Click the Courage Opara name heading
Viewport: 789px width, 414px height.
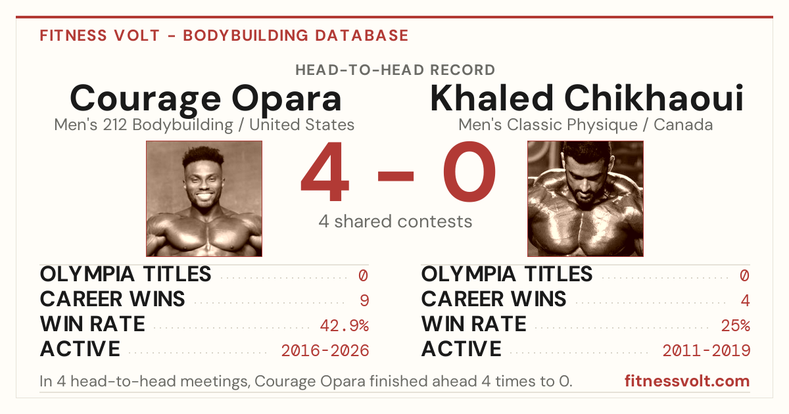pyautogui.click(x=206, y=99)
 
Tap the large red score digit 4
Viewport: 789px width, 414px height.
pyautogui.click(x=325, y=171)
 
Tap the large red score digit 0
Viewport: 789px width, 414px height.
pyautogui.click(x=469, y=171)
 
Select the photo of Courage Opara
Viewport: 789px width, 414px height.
pyautogui.click(x=204, y=199)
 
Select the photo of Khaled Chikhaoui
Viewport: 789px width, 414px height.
pyautogui.click(x=585, y=199)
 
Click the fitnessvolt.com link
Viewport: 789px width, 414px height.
pyautogui.click(x=687, y=381)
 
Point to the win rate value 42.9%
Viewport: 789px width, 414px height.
pyautogui.click(x=345, y=326)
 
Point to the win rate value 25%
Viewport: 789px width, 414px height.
pyautogui.click(x=736, y=326)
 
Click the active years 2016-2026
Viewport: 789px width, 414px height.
pyautogui.click(x=325, y=351)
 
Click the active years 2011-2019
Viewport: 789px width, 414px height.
pyautogui.click(x=707, y=351)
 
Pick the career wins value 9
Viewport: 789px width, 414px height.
pyautogui.click(x=364, y=301)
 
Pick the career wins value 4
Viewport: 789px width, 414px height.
pyautogui.click(x=746, y=301)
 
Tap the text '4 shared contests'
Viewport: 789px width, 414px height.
pyautogui.click(x=395, y=221)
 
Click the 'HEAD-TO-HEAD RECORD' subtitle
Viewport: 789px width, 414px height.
pyautogui.click(x=395, y=70)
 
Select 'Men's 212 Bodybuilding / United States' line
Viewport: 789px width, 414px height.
pyautogui.click(x=204, y=125)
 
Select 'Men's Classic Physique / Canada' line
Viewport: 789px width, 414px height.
pyautogui.click(x=585, y=125)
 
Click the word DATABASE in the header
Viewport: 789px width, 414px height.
pyautogui.click(x=362, y=35)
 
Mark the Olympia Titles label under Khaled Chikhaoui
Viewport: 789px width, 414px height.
pyautogui.click(x=507, y=274)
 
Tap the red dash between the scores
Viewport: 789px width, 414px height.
pyautogui.click(x=396, y=175)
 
